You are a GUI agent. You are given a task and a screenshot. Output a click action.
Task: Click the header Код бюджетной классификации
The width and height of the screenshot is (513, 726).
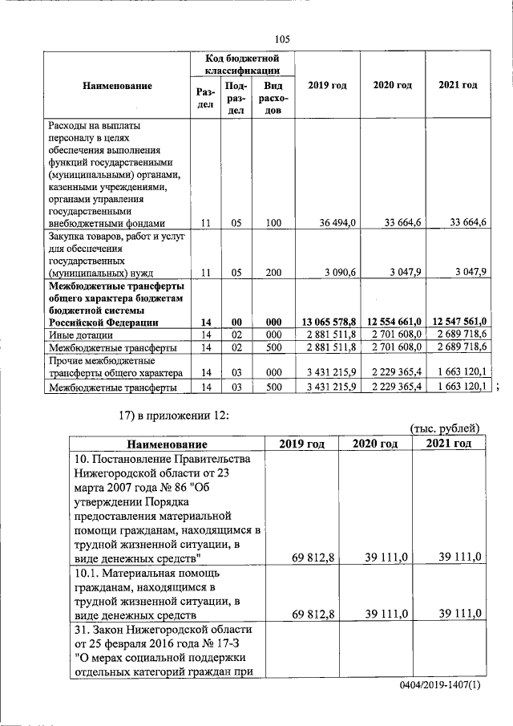point(241,65)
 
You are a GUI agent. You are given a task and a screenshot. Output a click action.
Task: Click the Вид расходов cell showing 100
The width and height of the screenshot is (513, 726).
point(273,223)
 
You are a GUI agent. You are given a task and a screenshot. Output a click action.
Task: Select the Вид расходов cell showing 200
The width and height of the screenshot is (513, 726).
point(273,273)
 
